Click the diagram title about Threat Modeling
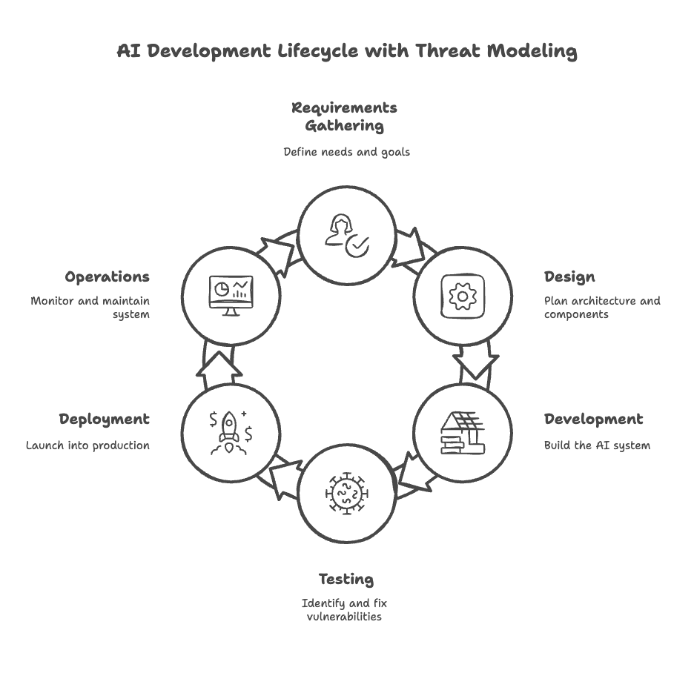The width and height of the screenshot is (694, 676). (x=347, y=51)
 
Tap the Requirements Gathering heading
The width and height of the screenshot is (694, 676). (x=344, y=116)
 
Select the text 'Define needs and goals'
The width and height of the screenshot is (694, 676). (x=346, y=152)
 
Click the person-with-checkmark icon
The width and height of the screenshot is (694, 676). (x=346, y=235)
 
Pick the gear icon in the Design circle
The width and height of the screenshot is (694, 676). (x=463, y=296)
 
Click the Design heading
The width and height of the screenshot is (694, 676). (x=569, y=277)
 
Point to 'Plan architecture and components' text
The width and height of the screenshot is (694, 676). (x=601, y=308)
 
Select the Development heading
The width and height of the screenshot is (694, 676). (x=593, y=420)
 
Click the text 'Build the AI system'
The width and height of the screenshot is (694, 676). (x=597, y=445)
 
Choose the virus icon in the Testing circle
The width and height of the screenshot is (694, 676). (x=346, y=494)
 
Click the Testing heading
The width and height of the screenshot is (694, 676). (x=346, y=579)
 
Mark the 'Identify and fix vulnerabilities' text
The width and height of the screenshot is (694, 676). (x=344, y=609)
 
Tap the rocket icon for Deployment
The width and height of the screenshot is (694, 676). (x=231, y=432)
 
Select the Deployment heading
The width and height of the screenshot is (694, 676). (x=105, y=420)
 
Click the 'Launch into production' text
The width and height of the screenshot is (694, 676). (x=88, y=445)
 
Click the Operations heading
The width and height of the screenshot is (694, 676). (x=108, y=277)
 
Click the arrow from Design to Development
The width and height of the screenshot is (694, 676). (x=476, y=368)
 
